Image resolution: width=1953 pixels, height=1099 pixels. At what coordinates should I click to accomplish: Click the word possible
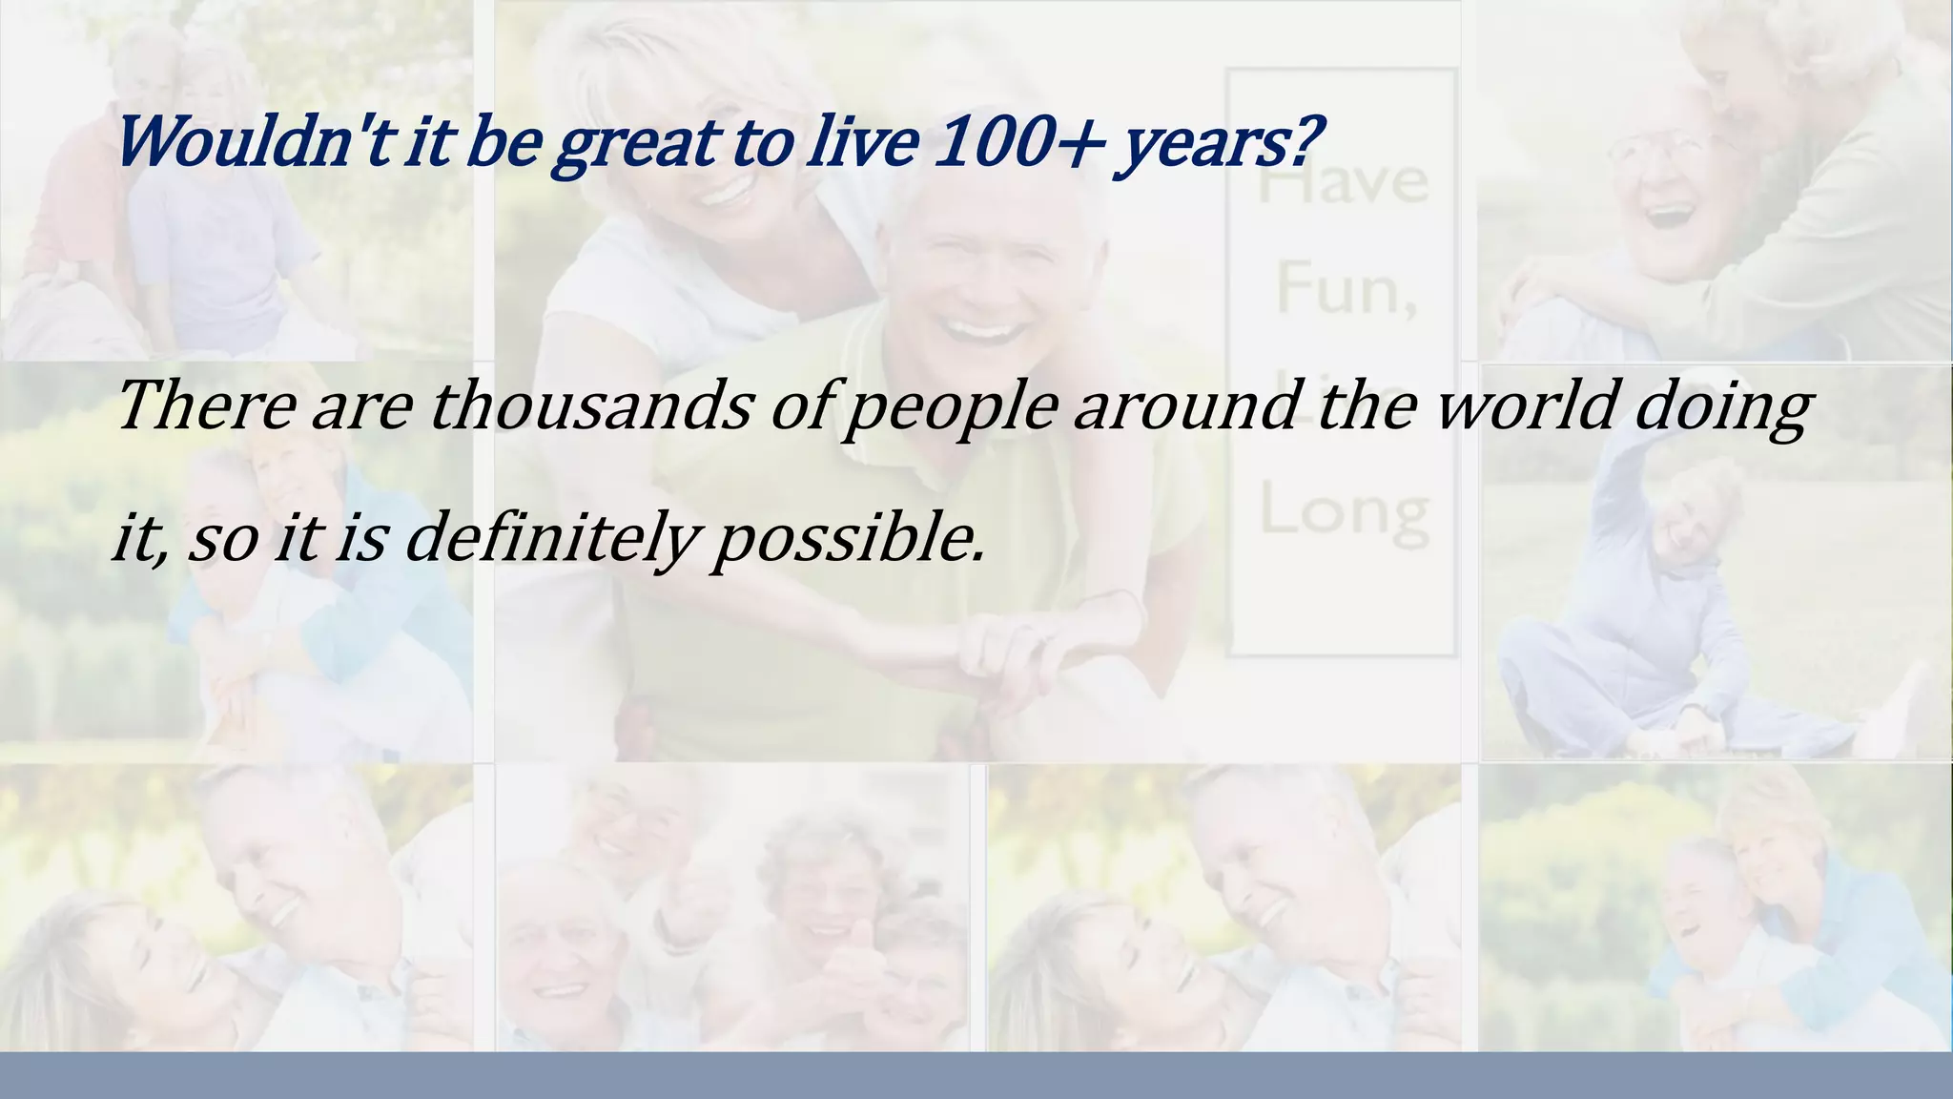(849, 540)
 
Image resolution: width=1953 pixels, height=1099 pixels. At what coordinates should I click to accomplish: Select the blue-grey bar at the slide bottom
(976, 1076)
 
